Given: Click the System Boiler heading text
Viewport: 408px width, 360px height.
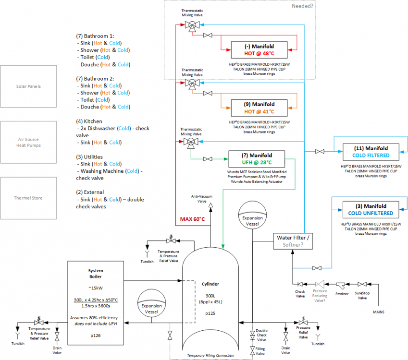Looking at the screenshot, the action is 96,274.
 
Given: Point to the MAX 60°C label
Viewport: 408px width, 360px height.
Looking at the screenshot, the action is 192,219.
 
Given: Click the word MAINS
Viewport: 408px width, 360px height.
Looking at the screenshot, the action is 379,312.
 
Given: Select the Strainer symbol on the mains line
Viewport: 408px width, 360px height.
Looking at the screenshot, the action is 341,286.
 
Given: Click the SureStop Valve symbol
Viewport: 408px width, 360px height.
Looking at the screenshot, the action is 362,284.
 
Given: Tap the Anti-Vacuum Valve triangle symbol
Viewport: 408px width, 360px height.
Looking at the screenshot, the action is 211,205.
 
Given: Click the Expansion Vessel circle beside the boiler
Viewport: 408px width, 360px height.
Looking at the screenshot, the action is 151,303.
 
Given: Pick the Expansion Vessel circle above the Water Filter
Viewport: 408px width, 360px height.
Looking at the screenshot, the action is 252,215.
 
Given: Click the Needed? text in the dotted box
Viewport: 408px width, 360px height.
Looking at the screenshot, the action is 302,6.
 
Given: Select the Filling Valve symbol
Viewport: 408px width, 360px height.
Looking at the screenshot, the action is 252,351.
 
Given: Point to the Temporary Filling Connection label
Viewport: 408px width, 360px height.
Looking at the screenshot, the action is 210,355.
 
